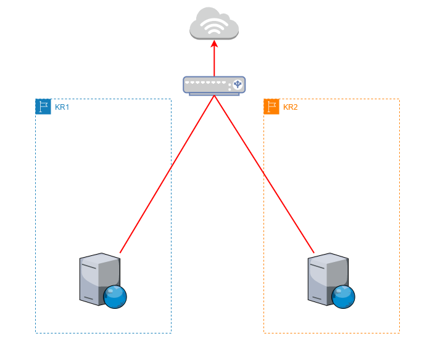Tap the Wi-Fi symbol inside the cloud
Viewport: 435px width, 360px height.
(214, 25)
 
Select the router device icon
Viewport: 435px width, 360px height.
(214, 85)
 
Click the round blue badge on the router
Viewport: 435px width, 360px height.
(237, 84)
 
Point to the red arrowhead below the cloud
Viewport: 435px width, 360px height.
(214, 44)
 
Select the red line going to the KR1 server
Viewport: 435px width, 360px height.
(167, 174)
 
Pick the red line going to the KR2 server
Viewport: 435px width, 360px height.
(264, 174)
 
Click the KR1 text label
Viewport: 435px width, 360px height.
(62, 107)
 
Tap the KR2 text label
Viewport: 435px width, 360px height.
(291, 107)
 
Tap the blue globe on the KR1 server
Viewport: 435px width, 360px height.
(115, 297)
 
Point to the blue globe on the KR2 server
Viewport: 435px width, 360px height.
(343, 297)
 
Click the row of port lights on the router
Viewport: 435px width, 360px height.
(206, 82)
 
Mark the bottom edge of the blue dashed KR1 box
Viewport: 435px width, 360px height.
(103, 333)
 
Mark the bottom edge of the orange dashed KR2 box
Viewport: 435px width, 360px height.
(331, 333)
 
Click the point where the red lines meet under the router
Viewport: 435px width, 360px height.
(214, 96)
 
